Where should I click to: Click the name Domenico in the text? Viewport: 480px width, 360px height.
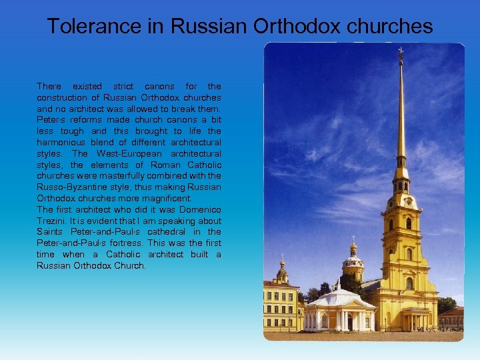(x=198, y=210)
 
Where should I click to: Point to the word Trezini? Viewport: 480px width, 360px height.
(x=51, y=221)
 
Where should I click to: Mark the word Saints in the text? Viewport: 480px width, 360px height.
(x=49, y=232)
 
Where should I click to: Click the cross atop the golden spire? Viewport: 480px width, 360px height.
(x=401, y=51)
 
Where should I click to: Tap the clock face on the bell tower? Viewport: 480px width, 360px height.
(x=401, y=201)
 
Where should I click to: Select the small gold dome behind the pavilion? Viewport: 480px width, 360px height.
(x=353, y=249)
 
